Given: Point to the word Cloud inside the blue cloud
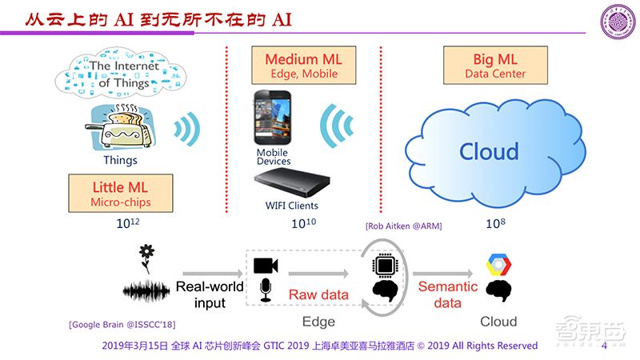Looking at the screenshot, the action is pyautogui.click(x=489, y=151).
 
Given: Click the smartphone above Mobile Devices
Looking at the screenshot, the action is pyautogui.click(x=273, y=118).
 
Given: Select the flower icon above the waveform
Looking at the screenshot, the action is pyautogui.click(x=146, y=254).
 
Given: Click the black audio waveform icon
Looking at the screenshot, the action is pyautogui.click(x=146, y=289).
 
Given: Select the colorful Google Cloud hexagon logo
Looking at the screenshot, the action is pyautogui.click(x=500, y=265).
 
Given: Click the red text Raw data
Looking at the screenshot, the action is pyautogui.click(x=318, y=294).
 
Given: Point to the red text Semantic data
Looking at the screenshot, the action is pyautogui.click(x=448, y=294).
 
